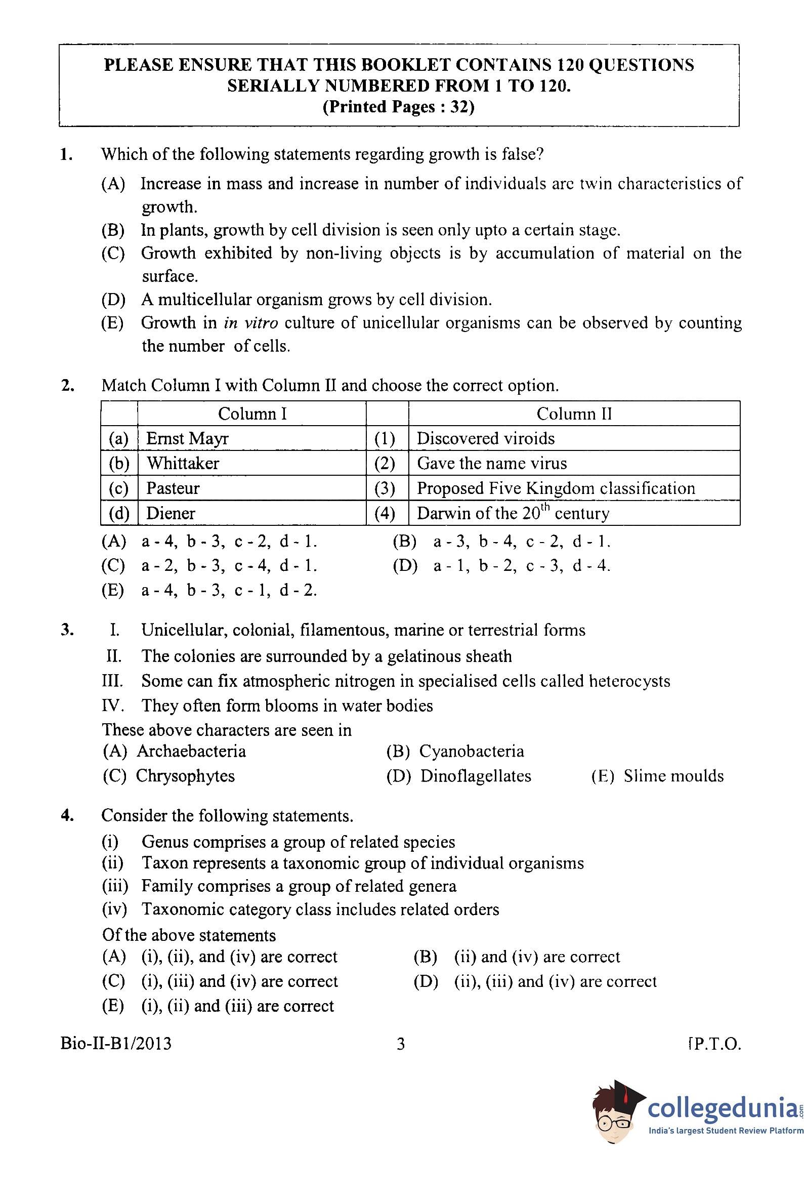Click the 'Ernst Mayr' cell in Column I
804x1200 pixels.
coord(187,438)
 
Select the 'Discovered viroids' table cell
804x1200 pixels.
coord(485,438)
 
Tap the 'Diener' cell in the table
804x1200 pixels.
coord(171,513)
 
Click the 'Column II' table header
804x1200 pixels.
coord(574,414)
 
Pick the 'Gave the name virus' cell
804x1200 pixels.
coord(491,464)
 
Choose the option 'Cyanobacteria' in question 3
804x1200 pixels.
coord(471,752)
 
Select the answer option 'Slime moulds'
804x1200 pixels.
coord(673,776)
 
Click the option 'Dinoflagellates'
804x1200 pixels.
coord(475,776)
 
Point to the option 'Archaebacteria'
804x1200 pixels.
coord(191,752)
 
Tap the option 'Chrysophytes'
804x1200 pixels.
coord(185,776)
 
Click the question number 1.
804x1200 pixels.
coord(66,154)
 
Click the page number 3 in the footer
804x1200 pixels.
coord(401,1044)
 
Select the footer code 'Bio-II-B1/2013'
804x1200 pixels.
coord(116,1044)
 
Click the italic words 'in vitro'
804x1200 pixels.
coord(251,323)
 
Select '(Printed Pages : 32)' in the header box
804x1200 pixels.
coord(398,107)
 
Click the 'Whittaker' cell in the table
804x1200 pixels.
coord(183,464)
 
